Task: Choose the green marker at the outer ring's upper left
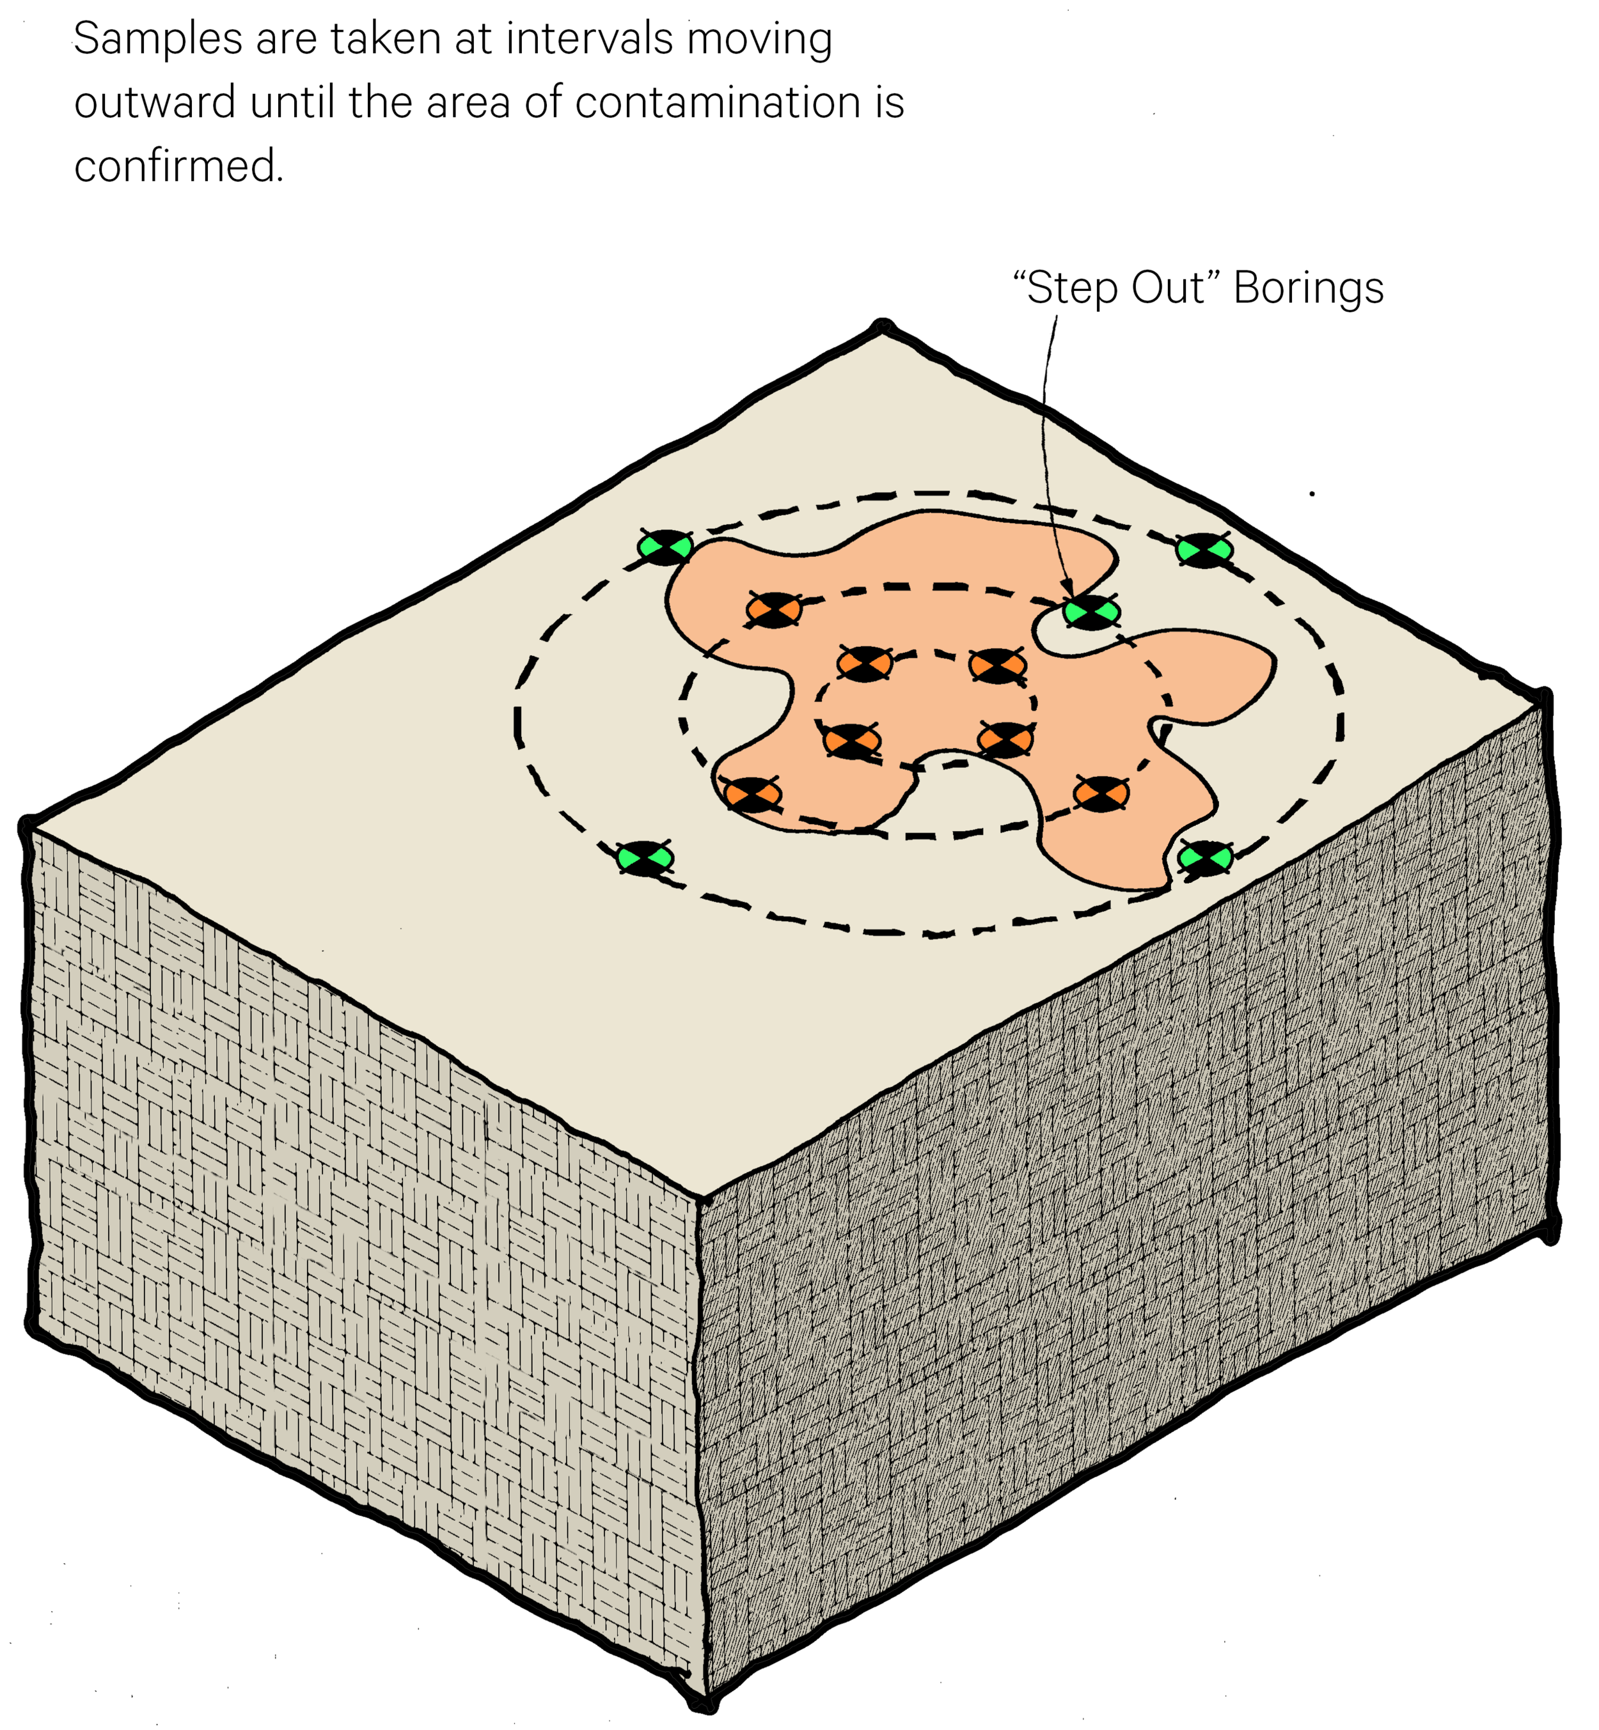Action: (665, 547)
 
